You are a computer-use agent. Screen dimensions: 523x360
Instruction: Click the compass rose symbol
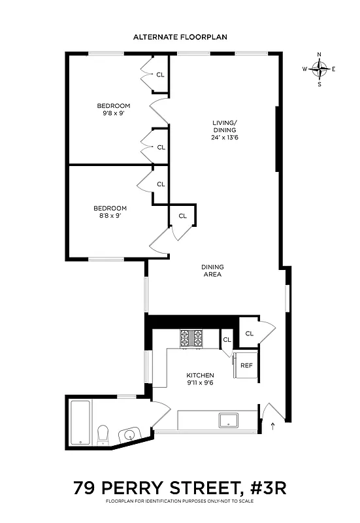click(x=319, y=69)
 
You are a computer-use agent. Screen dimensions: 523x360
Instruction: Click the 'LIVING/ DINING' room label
click(x=223, y=126)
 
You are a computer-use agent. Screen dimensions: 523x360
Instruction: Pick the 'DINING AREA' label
click(x=212, y=270)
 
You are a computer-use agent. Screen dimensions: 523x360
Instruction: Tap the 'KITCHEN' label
click(x=199, y=375)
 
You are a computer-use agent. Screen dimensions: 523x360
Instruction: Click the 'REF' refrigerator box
click(x=246, y=365)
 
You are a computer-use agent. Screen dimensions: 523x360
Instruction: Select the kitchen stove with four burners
click(x=192, y=338)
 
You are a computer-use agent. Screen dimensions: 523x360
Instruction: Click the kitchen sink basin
click(x=229, y=419)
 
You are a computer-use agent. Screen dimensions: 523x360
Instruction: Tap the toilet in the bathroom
click(x=103, y=435)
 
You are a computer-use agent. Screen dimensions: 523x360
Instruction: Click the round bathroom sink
click(x=129, y=435)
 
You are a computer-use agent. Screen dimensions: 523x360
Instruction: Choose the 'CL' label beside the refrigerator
click(x=227, y=339)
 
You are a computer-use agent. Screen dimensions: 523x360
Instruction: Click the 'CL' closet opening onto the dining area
click(x=249, y=333)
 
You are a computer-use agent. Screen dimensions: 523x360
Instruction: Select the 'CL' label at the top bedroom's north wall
click(x=160, y=75)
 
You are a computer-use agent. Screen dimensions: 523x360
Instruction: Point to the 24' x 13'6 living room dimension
click(x=223, y=138)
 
